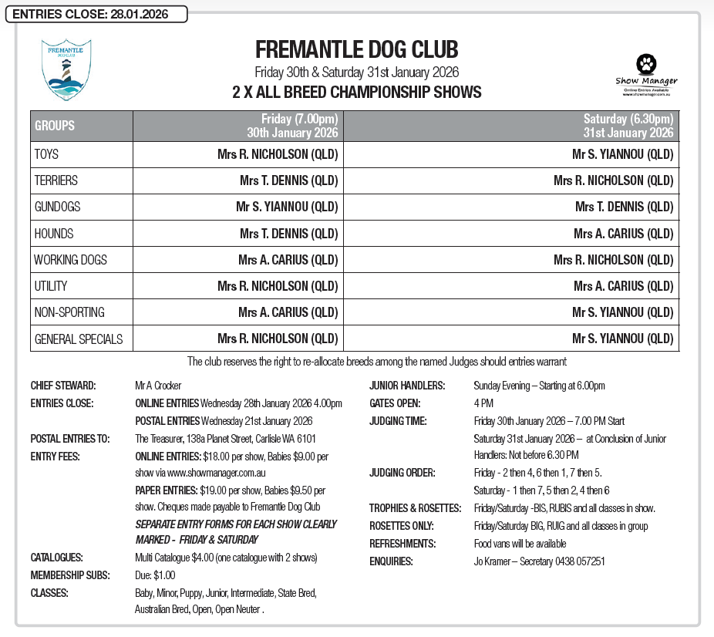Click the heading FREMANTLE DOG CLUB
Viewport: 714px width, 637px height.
coord(356,51)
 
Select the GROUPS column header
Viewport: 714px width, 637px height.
coord(55,126)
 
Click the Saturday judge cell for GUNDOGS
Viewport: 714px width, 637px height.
coord(624,207)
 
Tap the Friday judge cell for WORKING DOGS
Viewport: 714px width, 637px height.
coord(288,259)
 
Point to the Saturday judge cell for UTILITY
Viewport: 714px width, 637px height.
coord(623,286)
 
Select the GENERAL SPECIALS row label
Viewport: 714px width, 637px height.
coord(78,339)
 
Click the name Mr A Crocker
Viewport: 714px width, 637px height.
coord(158,386)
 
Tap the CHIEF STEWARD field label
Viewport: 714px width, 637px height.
coord(63,386)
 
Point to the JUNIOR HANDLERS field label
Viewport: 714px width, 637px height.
coord(407,386)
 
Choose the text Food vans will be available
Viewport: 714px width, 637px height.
coord(519,544)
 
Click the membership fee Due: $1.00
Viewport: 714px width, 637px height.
coord(155,575)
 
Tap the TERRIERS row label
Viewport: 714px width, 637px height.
coord(56,180)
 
